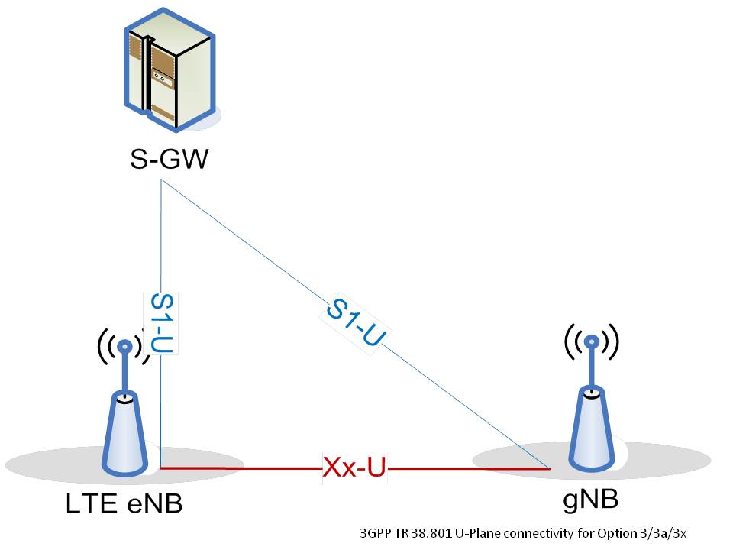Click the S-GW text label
(167, 160)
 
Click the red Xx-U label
(354, 467)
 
